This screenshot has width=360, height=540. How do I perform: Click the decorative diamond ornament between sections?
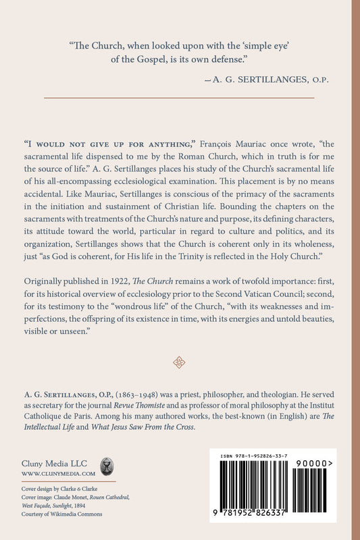tap(179, 363)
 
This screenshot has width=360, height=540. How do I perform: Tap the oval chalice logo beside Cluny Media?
tap(107, 466)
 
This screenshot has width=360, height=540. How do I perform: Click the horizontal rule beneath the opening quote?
tap(179, 99)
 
